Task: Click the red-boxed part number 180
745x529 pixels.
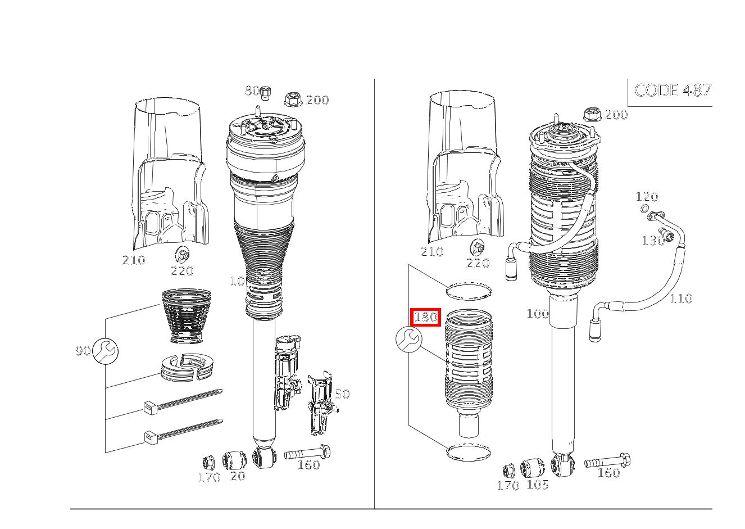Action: (x=425, y=317)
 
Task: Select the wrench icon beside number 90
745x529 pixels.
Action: (x=105, y=351)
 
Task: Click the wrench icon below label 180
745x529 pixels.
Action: (x=409, y=340)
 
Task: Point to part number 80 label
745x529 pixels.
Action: (x=252, y=91)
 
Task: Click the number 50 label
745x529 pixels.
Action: (x=342, y=395)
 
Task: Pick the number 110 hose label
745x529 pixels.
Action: (x=681, y=299)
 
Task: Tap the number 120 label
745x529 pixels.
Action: (x=647, y=197)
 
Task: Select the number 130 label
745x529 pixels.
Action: (x=653, y=241)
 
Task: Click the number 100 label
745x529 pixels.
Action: (x=538, y=314)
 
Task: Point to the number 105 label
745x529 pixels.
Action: (x=538, y=485)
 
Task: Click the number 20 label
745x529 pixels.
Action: (x=238, y=476)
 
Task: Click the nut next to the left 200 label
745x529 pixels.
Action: (x=293, y=99)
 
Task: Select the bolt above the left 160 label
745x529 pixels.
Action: (x=307, y=453)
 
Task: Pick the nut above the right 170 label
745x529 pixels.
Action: (x=508, y=471)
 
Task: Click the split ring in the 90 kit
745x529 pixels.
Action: (x=187, y=368)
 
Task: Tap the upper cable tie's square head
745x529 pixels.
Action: (x=150, y=408)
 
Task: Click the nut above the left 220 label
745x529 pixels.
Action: (x=182, y=255)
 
